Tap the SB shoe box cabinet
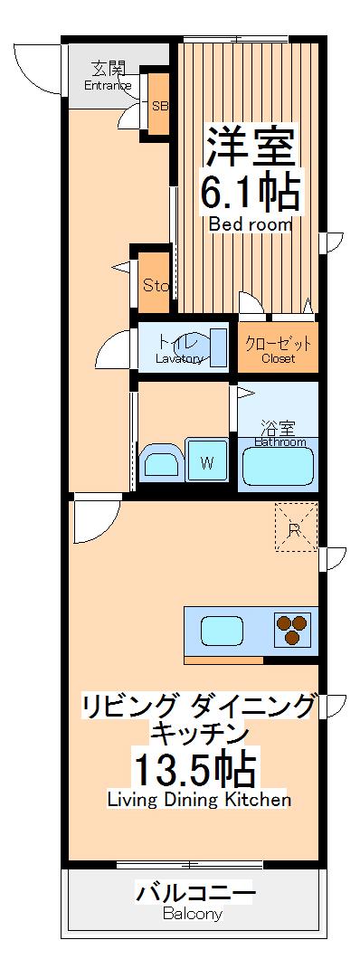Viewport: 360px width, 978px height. point(159,106)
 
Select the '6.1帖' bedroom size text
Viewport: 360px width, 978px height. point(250,191)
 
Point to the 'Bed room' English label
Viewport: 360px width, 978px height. point(251,223)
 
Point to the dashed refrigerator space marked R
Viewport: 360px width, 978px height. point(296,528)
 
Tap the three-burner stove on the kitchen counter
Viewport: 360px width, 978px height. point(292,629)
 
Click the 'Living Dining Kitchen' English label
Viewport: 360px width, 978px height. point(199,799)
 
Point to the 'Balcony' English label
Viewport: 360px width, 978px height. point(193,914)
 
